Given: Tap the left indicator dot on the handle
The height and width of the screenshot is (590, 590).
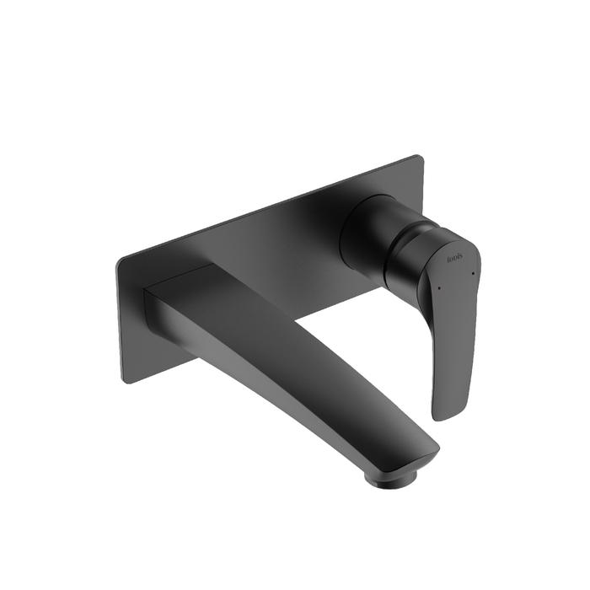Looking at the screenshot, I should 438,288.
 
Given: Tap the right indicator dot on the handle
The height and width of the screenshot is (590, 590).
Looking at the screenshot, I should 474,273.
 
